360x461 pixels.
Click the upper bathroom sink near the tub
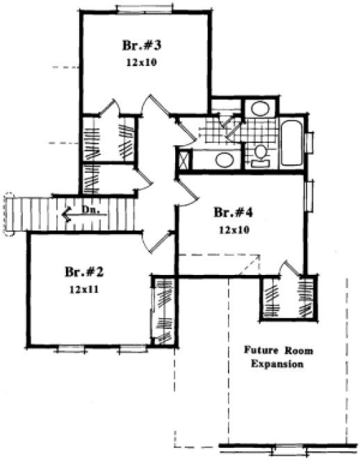(260, 109)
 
